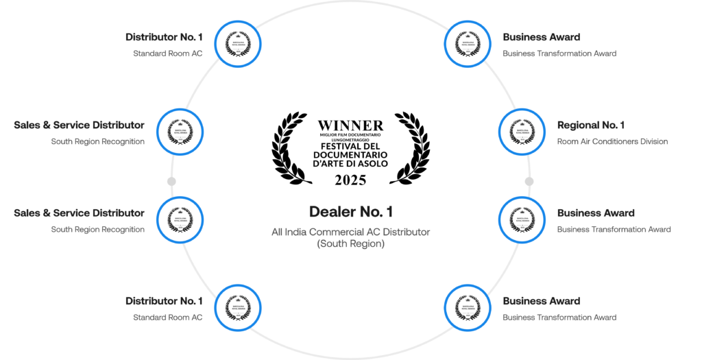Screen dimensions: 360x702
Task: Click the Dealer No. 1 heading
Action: pos(350,212)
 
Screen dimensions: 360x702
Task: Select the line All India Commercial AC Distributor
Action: pos(350,232)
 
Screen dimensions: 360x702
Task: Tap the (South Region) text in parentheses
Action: pos(350,243)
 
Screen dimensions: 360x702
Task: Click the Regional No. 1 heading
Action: pos(591,125)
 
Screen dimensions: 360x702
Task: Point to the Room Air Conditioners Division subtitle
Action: pos(612,142)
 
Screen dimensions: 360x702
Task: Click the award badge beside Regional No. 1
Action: pos(521,131)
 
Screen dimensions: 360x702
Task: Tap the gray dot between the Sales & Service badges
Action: pos(171,181)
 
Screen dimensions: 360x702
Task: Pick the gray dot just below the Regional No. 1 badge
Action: pos(529,181)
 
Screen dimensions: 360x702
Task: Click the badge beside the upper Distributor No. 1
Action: pos(238,43)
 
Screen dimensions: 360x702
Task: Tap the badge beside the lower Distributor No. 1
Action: pos(238,307)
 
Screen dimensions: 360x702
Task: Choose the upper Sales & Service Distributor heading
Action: pos(79,125)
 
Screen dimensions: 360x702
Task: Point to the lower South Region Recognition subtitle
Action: pos(97,230)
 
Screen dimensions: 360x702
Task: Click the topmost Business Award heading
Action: pos(542,37)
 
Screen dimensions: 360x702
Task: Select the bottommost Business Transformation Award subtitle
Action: pos(559,317)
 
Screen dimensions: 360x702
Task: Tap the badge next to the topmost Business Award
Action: pos(466,43)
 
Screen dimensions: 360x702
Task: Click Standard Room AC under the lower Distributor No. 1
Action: pos(168,317)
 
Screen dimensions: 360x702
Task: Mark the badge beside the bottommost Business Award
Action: pos(466,307)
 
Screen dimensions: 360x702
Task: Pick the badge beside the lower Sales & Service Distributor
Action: pos(180,219)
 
